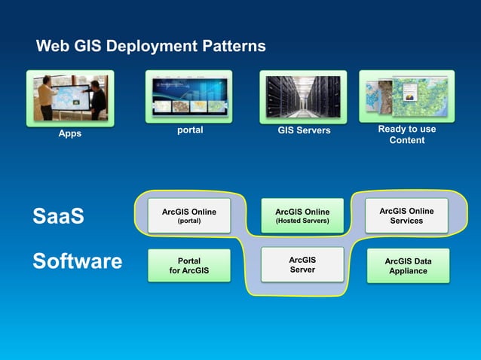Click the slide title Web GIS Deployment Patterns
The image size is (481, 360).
tap(151, 47)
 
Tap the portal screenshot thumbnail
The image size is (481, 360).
tap(189, 96)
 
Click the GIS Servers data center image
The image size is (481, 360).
tap(303, 96)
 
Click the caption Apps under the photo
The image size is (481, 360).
tap(70, 133)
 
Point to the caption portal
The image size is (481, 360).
tap(189, 130)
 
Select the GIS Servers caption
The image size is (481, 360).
tap(303, 131)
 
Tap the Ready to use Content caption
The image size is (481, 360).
tap(406, 134)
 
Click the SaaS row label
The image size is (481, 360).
tap(58, 217)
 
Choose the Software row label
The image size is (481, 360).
tap(77, 261)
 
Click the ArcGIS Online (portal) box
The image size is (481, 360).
tap(188, 216)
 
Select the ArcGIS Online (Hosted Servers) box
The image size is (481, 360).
tap(302, 216)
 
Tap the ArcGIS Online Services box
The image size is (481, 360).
tap(406, 216)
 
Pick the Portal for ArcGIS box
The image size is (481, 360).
tap(188, 266)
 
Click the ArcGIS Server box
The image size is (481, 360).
tap(302, 264)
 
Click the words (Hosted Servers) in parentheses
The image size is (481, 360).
tap(302, 221)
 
